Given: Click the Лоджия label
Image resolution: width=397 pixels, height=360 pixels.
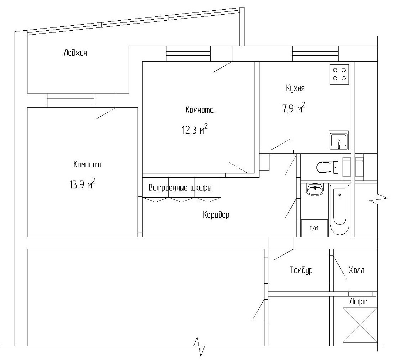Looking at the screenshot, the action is (x=75, y=54).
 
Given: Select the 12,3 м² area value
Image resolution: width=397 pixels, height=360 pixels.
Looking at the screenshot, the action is (x=195, y=130).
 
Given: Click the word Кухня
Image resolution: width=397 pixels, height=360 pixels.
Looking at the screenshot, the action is (x=295, y=88).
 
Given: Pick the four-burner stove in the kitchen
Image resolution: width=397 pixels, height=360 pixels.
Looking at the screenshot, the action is (x=340, y=74).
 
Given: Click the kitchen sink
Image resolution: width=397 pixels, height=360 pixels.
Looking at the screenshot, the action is (x=338, y=140).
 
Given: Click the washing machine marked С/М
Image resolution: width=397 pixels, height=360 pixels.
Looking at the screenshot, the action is (x=314, y=228).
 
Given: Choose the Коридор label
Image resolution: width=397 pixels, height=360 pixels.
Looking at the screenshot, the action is (x=216, y=215).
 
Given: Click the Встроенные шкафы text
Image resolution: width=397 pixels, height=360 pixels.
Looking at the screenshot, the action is (x=180, y=188).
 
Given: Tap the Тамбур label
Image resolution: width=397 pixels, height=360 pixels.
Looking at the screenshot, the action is (x=301, y=270).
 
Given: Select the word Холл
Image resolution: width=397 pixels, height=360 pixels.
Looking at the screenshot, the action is (x=356, y=270).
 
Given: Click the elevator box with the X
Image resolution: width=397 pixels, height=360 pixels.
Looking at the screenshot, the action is (x=360, y=325).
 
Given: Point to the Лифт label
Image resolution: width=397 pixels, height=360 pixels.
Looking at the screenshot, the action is (x=358, y=302).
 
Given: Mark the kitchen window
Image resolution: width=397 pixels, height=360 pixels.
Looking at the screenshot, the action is (x=315, y=54).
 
